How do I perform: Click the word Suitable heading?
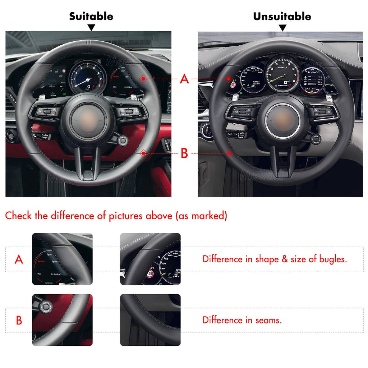[91, 16]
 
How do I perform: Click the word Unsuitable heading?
[282, 16]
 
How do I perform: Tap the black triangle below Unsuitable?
[282, 28]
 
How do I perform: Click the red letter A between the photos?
[184, 79]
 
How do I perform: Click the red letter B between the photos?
[184, 153]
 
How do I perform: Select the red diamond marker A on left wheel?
[143, 78]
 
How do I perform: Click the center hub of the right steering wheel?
[282, 121]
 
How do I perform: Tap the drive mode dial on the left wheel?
[123, 141]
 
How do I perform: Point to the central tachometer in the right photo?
[282, 74]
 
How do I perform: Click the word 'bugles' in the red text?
[333, 259]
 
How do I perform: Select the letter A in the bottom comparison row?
[19, 259]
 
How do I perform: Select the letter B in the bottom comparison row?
[19, 320]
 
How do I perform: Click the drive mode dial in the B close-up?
[46, 307]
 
